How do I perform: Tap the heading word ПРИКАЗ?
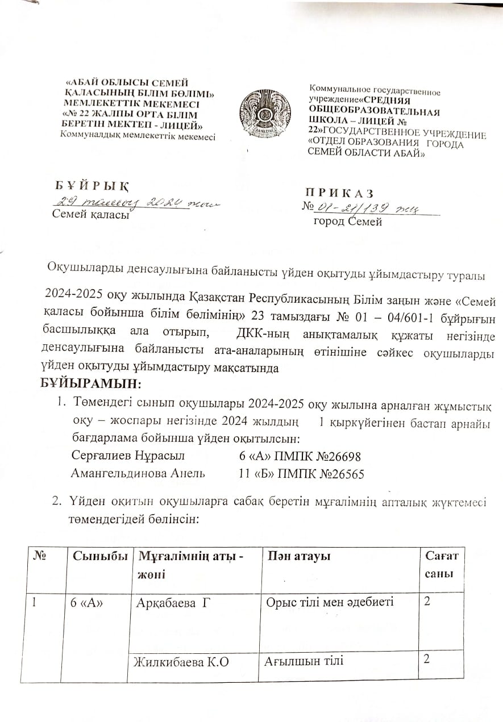click(x=340, y=192)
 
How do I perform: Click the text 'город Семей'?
click(x=348, y=222)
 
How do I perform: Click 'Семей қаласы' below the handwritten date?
click(x=90, y=215)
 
